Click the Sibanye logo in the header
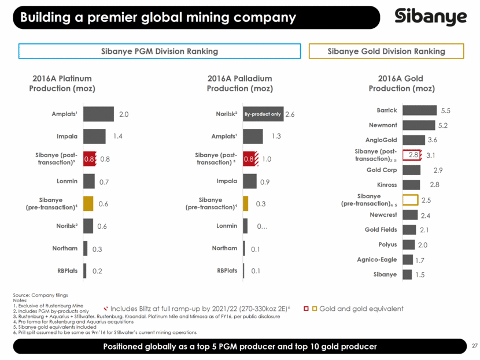point(430,17)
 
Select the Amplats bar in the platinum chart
point(98,114)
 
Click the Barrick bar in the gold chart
point(419,110)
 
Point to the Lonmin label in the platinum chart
point(67,181)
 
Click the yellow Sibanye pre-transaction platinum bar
point(88,203)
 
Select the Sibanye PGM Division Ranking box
point(160,51)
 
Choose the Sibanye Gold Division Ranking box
point(386,51)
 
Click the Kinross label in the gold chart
point(387,185)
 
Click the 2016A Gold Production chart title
point(401,84)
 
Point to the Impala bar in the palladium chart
point(250,181)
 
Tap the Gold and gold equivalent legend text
point(361,309)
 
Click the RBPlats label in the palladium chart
point(227,270)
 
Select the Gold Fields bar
point(409,230)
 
